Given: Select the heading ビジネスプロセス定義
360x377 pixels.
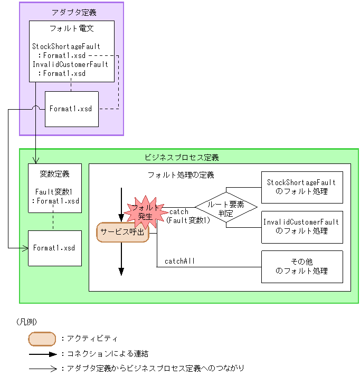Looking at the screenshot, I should [182, 157].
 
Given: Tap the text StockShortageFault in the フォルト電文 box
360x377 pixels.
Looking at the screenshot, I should [66, 46].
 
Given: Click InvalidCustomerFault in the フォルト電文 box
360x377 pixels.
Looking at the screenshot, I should [70, 64].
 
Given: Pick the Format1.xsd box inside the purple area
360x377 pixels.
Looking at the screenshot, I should [71, 109].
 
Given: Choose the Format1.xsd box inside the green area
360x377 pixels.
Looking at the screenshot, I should [54, 248].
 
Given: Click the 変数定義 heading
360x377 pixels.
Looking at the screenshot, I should [54, 173].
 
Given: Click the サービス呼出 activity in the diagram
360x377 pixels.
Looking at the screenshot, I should [122, 233].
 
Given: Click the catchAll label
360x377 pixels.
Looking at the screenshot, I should [180, 260].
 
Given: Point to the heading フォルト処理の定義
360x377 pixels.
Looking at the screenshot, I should [181, 175].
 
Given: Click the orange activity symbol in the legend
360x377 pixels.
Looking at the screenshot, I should [42, 339].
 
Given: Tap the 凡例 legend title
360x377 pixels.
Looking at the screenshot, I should [26, 321].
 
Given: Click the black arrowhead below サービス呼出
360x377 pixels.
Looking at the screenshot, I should [121, 271].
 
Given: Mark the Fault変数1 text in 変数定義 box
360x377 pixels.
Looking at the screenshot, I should [54, 192].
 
